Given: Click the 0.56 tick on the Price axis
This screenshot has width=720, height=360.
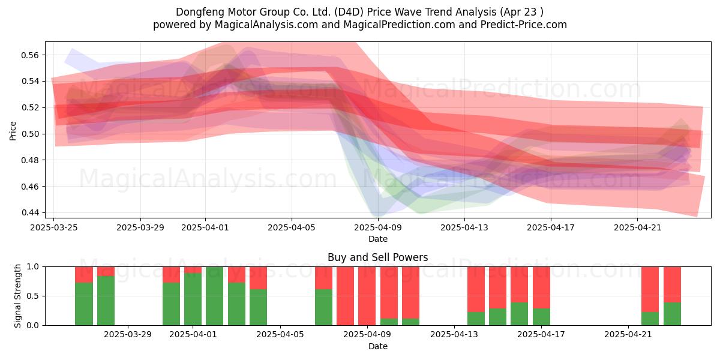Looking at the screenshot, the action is [29, 55].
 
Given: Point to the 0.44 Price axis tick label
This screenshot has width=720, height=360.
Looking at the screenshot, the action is [29, 213].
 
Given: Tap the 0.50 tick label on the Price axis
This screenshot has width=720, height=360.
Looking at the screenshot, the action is [29, 134].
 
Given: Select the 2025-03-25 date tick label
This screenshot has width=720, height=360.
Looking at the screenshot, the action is [53, 227].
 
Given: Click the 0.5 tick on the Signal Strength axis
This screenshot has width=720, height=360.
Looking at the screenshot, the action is [32, 296].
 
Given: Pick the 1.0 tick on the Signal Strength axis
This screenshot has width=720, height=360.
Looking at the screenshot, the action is [32, 267].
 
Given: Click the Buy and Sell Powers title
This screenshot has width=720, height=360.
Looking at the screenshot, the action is [377, 257].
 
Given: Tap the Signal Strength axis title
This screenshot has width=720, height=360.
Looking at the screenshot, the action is [17, 296].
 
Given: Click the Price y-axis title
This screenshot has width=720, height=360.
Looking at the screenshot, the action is [13, 131].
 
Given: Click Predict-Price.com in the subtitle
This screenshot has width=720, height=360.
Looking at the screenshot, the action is [524, 25].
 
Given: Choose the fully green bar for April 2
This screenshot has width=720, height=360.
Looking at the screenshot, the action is [214, 296].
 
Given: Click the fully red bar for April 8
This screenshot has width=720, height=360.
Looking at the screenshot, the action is [345, 296].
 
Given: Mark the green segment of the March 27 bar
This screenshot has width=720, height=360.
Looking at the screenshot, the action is [106, 301].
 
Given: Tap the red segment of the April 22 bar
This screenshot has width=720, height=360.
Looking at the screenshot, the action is [650, 289].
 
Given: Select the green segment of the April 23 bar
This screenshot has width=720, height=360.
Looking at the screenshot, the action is [672, 314].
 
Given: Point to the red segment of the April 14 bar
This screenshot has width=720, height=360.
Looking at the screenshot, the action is [476, 289].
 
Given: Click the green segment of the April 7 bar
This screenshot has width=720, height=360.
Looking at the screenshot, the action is [323, 307].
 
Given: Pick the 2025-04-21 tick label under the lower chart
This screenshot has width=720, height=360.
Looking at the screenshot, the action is [628, 335].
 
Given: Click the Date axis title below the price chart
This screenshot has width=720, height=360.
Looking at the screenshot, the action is [377, 239].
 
